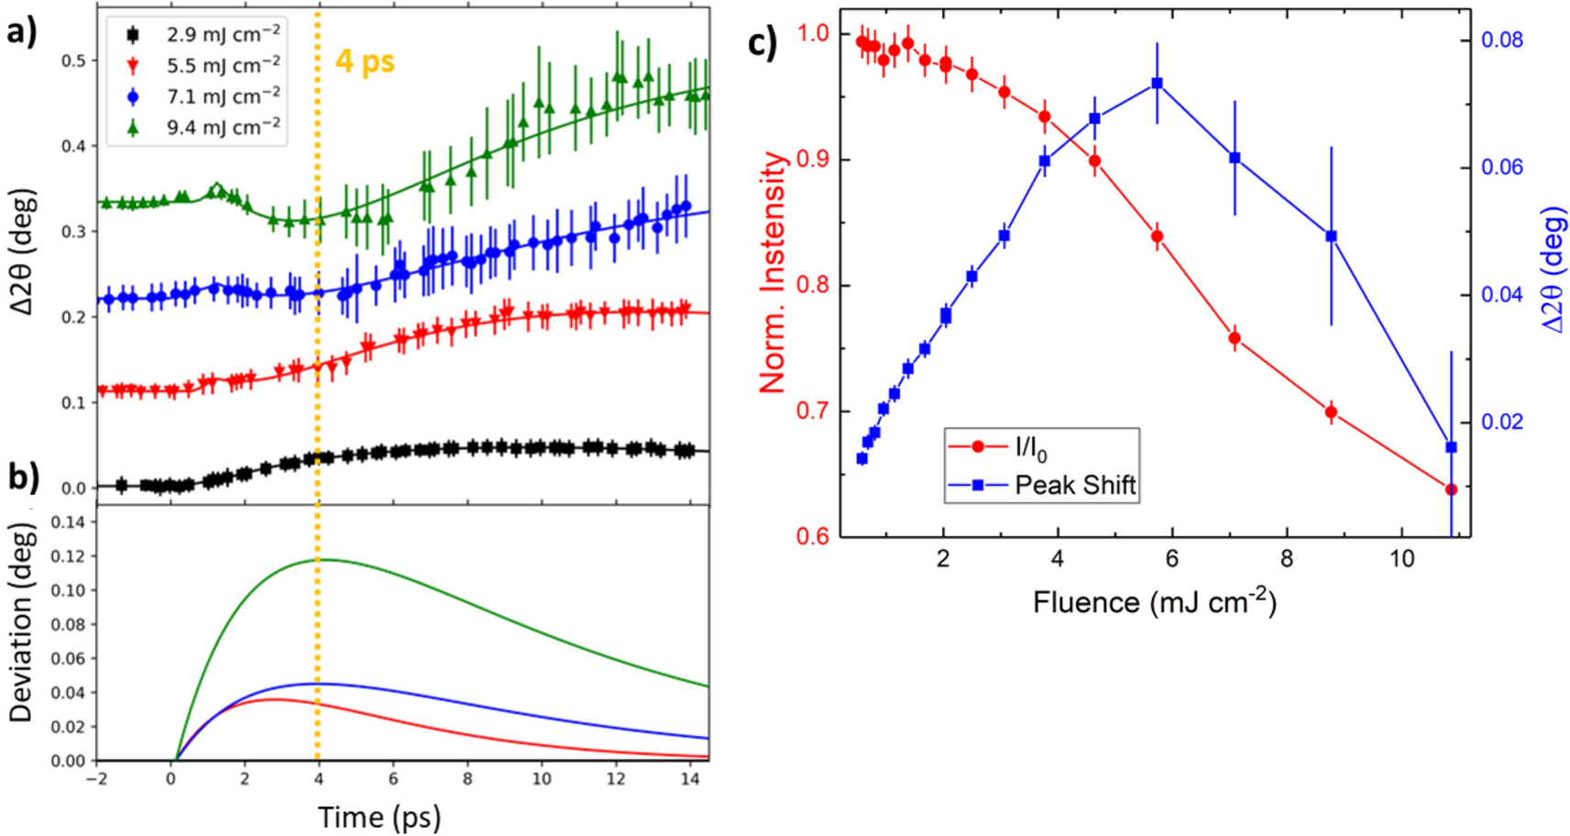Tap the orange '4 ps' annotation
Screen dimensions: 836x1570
click(x=365, y=61)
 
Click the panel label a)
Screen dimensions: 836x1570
click(x=21, y=32)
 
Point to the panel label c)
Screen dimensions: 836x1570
click(x=763, y=43)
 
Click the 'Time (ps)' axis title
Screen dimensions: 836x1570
click(x=379, y=816)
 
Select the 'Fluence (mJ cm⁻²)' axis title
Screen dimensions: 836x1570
click(x=1154, y=601)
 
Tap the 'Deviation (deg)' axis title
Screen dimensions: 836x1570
click(x=21, y=623)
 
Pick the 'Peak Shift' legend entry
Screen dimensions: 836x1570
click(x=1075, y=485)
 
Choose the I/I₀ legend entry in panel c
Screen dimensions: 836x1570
click(x=1030, y=447)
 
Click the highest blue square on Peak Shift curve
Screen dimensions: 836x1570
click(x=1157, y=83)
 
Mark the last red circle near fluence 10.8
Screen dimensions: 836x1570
click(x=1451, y=489)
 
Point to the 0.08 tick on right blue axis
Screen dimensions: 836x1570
click(x=1502, y=40)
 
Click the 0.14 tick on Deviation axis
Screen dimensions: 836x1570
click(x=68, y=522)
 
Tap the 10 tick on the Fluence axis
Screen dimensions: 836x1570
click(x=1401, y=558)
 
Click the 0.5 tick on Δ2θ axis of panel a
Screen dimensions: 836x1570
click(x=73, y=60)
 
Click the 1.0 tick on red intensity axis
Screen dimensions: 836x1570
click(x=812, y=33)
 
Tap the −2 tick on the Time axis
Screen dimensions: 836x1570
click(x=96, y=778)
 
